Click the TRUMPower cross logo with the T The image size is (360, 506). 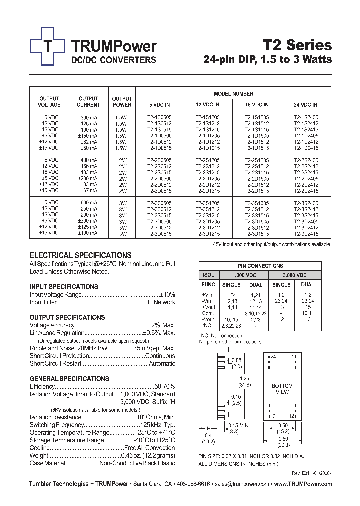point(47,46)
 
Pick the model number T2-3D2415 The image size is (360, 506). point(306,233)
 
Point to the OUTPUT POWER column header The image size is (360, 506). point(122,102)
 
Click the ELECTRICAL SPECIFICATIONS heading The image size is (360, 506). point(80,255)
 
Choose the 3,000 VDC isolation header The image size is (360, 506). point(294,275)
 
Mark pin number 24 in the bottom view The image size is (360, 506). point(273,357)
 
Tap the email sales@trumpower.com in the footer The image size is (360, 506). point(239,484)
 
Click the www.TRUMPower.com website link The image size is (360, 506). point(303,484)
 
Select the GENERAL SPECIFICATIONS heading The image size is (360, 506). point(69,379)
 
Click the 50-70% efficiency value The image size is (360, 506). point(165,386)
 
